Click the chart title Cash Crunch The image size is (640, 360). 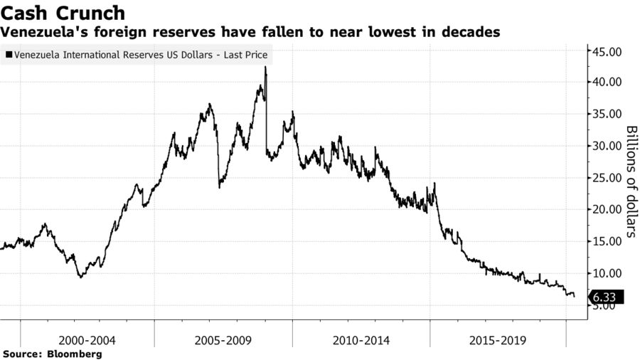click(x=64, y=13)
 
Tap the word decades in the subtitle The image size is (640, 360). click(x=473, y=33)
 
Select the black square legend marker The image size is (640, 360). click(x=9, y=54)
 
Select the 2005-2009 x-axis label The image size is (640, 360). click(x=223, y=340)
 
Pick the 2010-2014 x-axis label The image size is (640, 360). click(x=361, y=340)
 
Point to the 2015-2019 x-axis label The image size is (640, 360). click(x=498, y=340)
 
